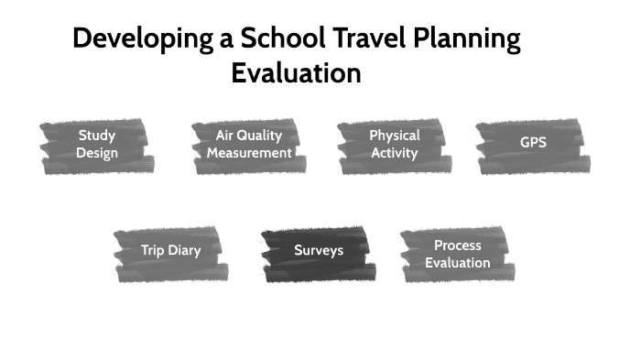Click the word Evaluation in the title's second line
pyautogui.click(x=296, y=73)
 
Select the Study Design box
pyautogui.click(x=97, y=145)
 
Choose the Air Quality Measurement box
pyautogui.click(x=249, y=145)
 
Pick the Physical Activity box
pyautogui.click(x=394, y=145)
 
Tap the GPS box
pyautogui.click(x=533, y=145)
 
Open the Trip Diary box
pyautogui.click(x=170, y=250)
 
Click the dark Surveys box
pyautogui.click(x=319, y=250)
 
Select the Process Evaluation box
pyautogui.click(x=458, y=254)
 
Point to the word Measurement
pyautogui.click(x=249, y=153)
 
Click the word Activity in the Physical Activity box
pyautogui.click(x=395, y=153)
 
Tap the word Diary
pyautogui.click(x=184, y=250)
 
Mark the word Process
pyautogui.click(x=458, y=245)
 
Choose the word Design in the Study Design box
pyautogui.click(x=97, y=153)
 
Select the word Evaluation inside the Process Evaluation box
pyautogui.click(x=458, y=263)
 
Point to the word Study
pyautogui.click(x=97, y=136)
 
